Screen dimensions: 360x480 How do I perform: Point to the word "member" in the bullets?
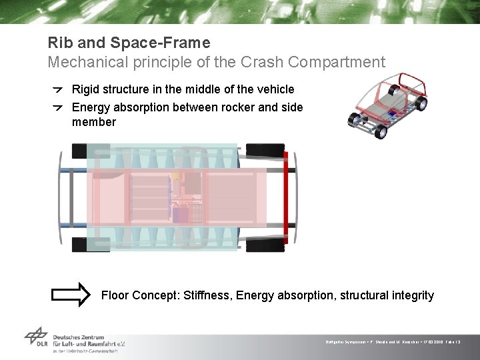[94, 122]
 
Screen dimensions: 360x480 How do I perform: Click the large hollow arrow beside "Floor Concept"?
[71, 295]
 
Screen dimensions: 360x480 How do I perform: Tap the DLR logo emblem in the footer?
[36, 337]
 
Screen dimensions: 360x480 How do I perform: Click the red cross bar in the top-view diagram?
[286, 197]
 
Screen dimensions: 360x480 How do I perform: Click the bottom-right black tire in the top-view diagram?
[265, 245]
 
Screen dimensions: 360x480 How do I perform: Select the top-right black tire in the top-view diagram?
[265, 151]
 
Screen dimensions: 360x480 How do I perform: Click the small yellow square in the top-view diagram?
[176, 175]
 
